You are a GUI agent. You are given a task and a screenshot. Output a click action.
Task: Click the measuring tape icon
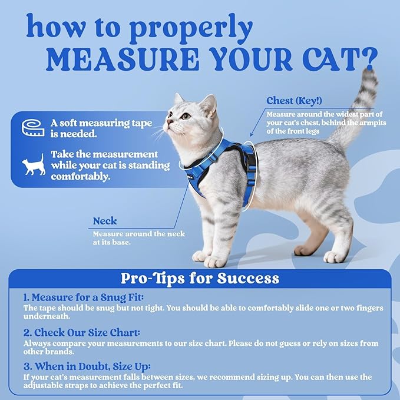tap(32, 128)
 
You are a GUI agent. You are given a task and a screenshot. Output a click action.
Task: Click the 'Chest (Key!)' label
tap(292, 101)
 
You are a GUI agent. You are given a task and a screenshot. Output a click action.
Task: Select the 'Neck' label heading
tap(105, 222)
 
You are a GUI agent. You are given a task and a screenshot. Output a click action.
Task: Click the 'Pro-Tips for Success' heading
tap(200, 277)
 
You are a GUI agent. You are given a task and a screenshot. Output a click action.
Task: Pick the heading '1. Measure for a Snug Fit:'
tap(84, 297)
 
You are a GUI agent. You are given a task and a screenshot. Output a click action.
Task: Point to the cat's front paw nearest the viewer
tap(216, 260)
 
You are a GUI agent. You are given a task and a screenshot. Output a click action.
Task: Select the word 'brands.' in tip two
tap(59, 351)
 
